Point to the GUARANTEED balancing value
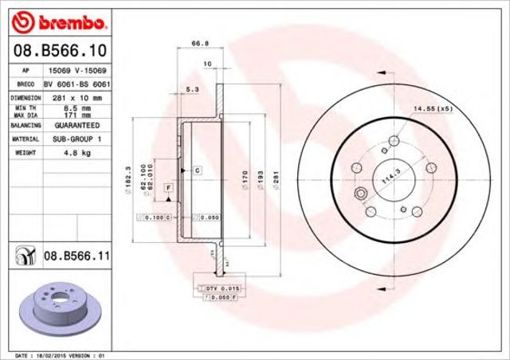[76, 126]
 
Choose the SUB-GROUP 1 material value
[76, 138]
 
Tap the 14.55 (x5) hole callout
[432, 108]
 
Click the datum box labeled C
[195, 170]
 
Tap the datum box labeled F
[168, 187]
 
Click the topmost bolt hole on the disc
[393, 142]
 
